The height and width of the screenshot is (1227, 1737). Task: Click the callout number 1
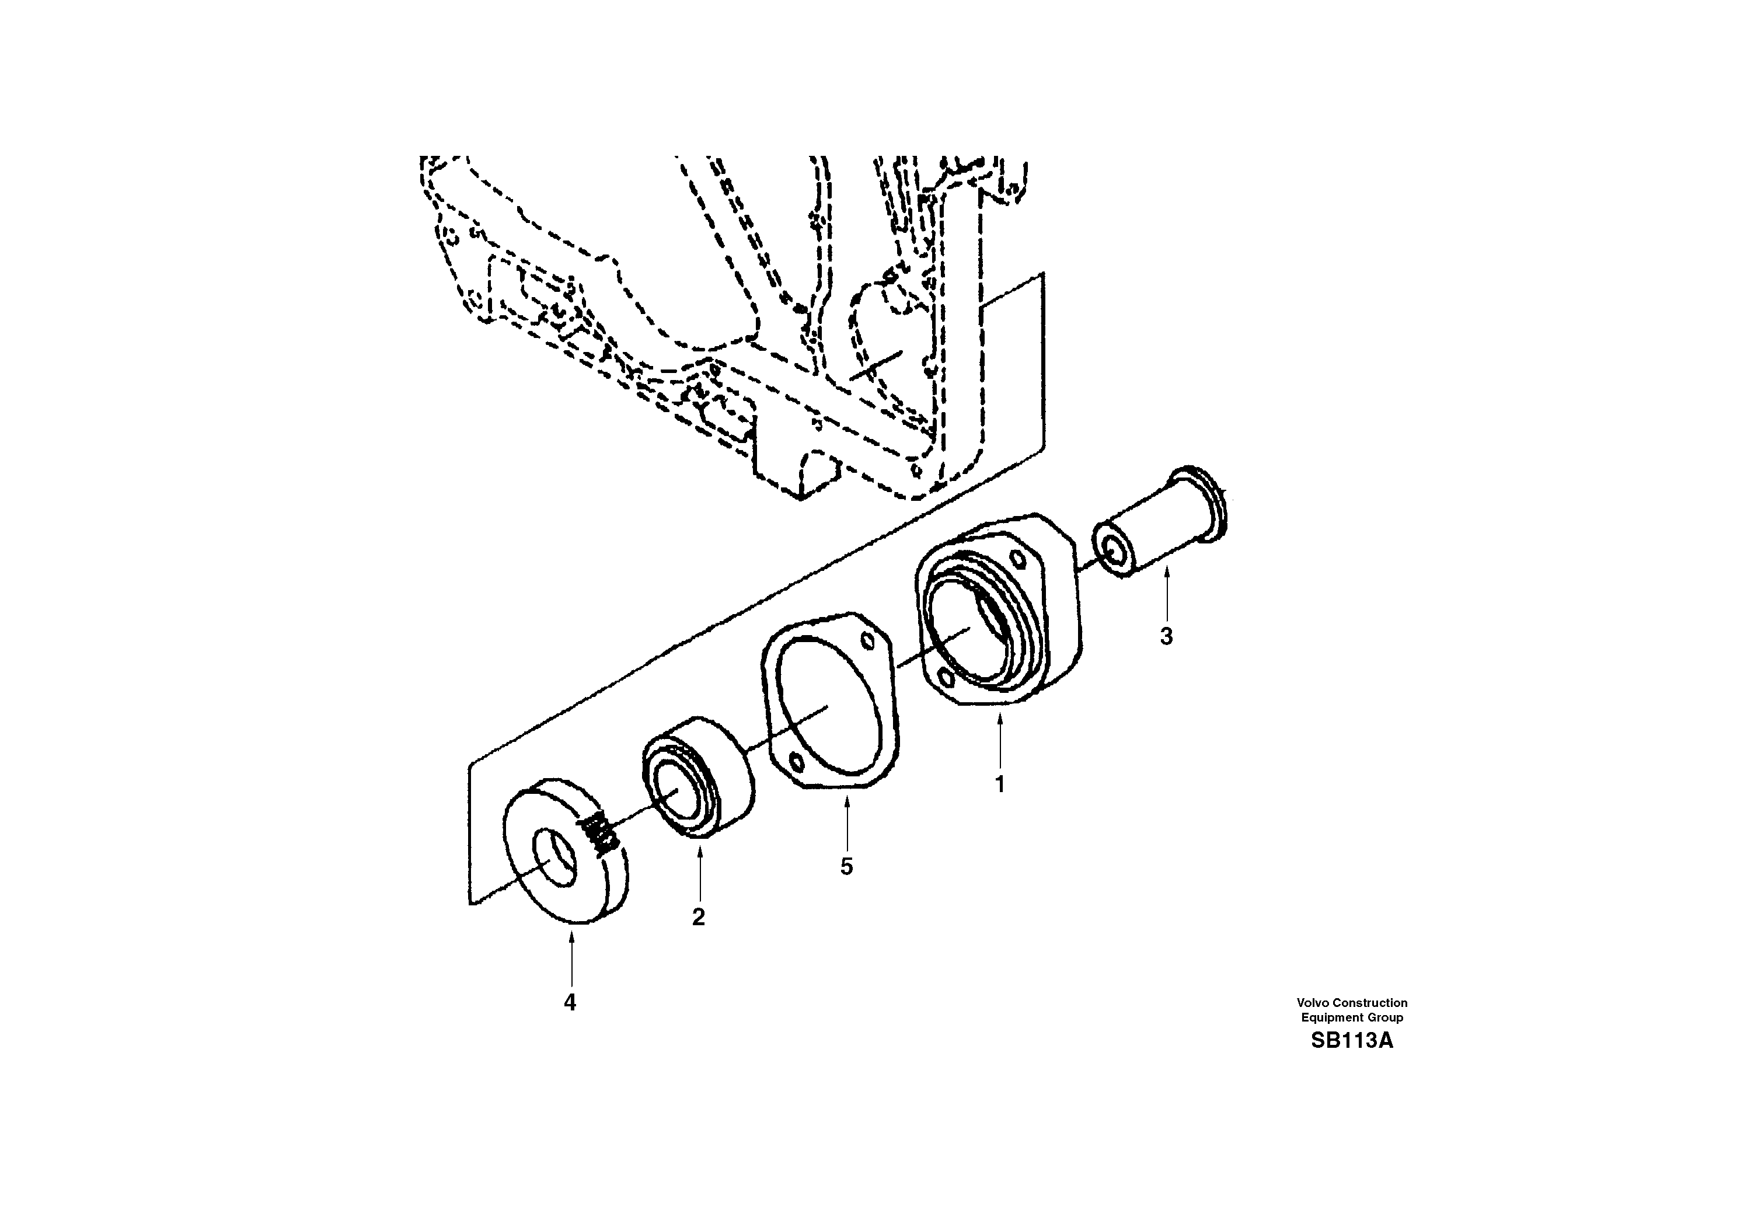coord(999,785)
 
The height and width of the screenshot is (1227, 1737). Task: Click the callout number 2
coord(698,917)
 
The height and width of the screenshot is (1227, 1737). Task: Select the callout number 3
coord(1166,637)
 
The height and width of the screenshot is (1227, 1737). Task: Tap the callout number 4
coord(570,1002)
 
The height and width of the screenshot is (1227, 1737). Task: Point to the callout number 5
coord(846,867)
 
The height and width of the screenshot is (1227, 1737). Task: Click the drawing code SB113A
coord(1351,1041)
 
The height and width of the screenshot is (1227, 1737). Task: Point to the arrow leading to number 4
coord(571,961)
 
